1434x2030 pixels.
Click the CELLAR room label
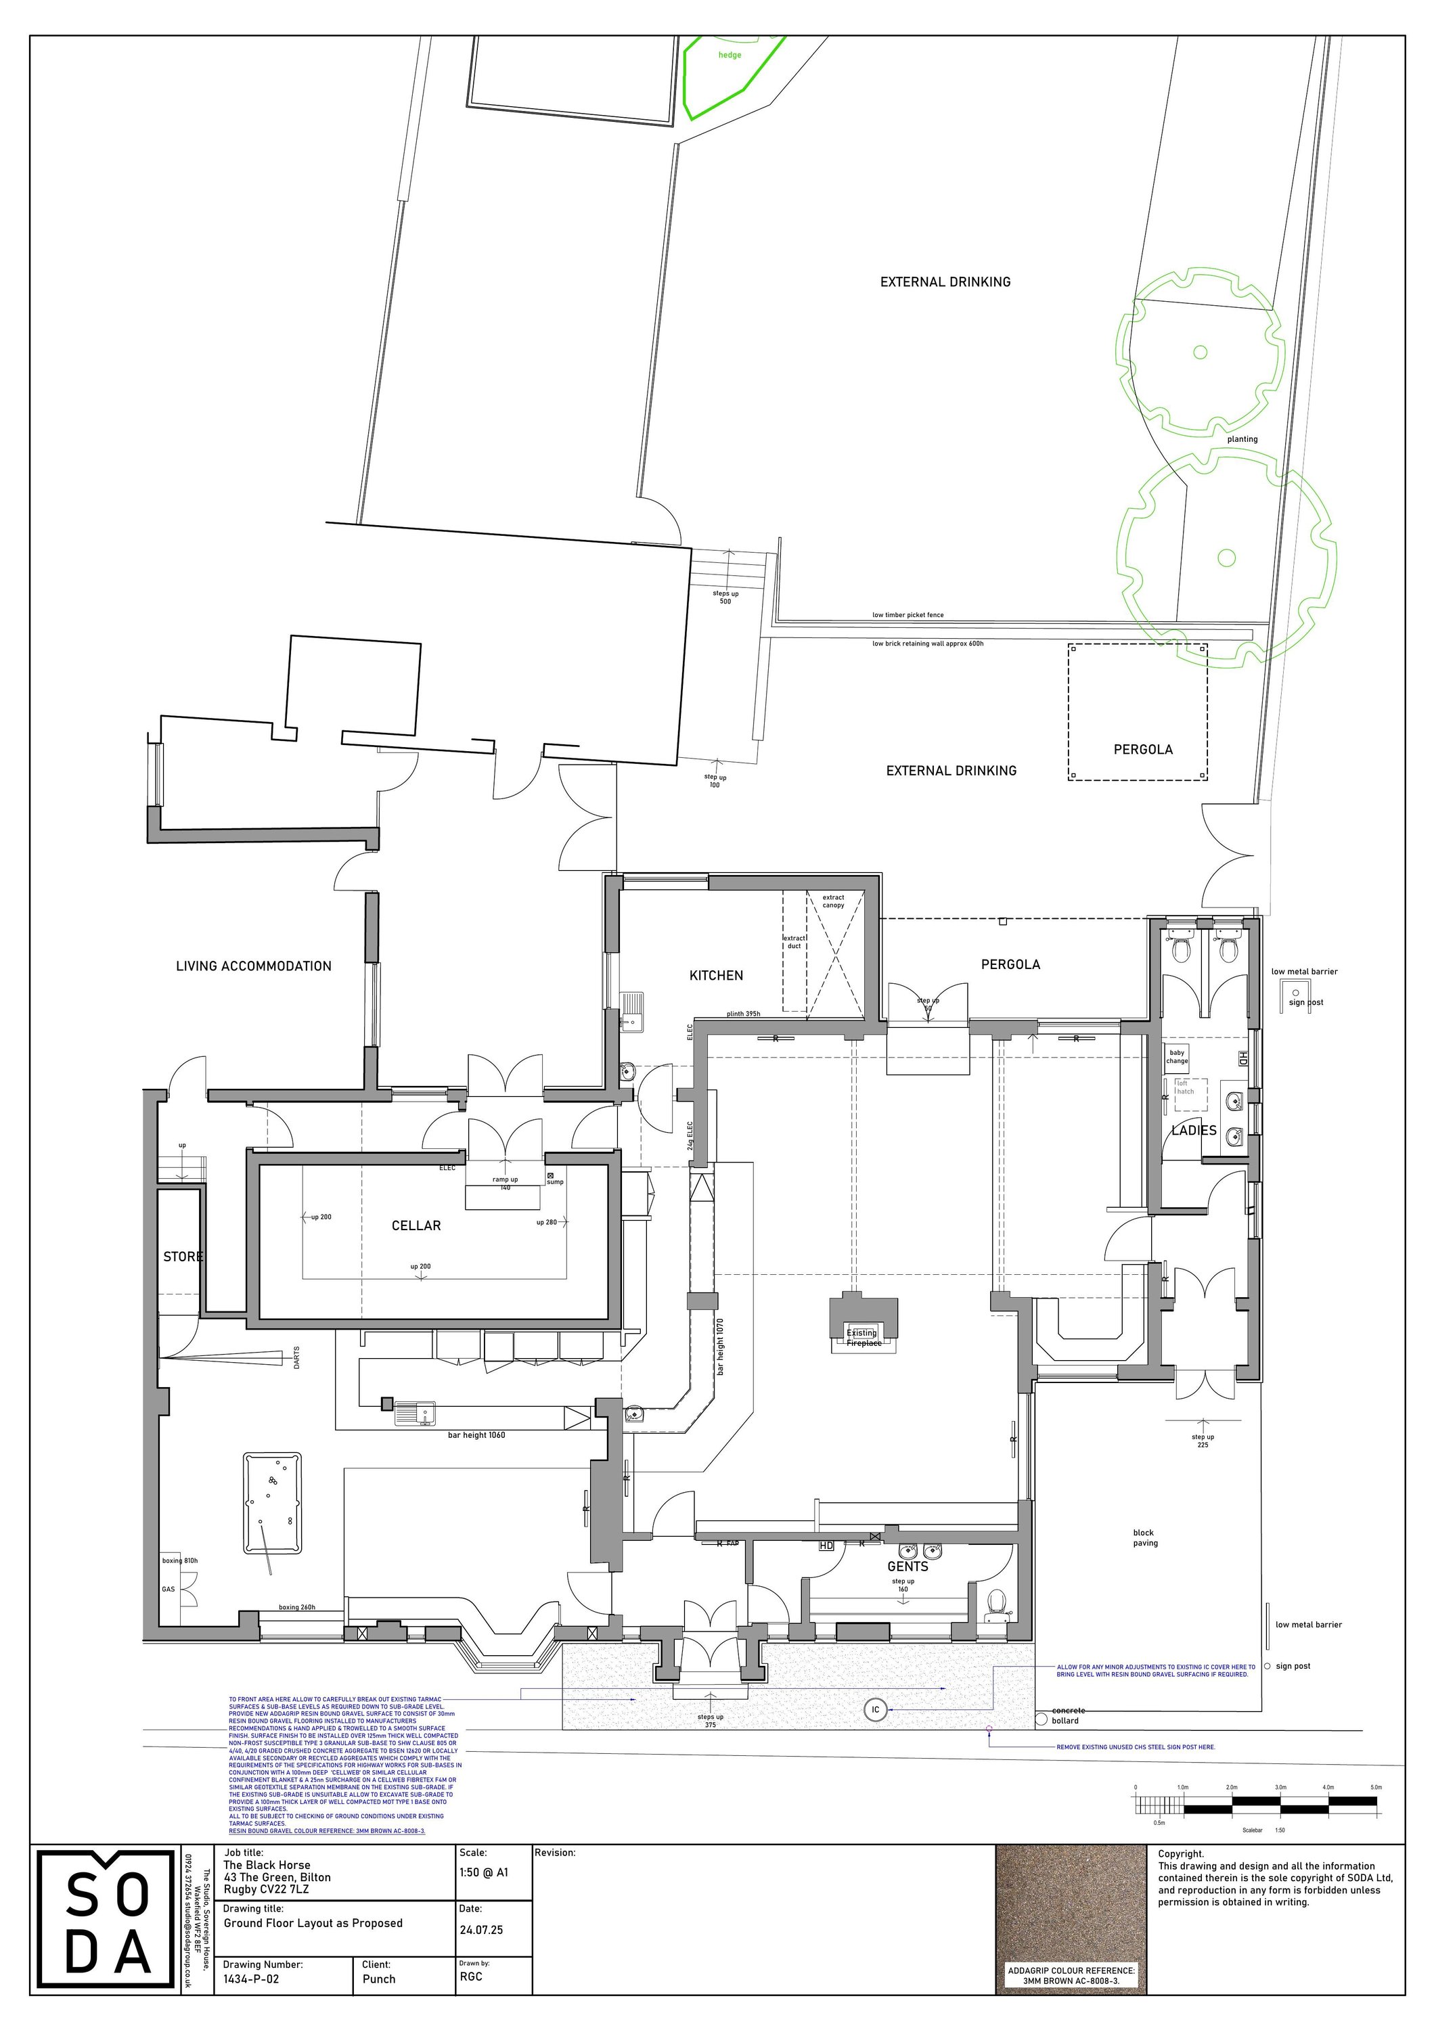point(416,1225)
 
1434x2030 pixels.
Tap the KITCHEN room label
point(716,975)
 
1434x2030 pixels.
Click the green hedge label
point(730,55)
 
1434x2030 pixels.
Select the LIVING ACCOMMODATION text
point(254,966)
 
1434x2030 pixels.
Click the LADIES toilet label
point(1194,1130)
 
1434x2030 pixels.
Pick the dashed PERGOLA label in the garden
point(1142,749)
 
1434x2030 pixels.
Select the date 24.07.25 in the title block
point(481,1930)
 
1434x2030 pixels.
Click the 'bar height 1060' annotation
point(476,1435)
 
